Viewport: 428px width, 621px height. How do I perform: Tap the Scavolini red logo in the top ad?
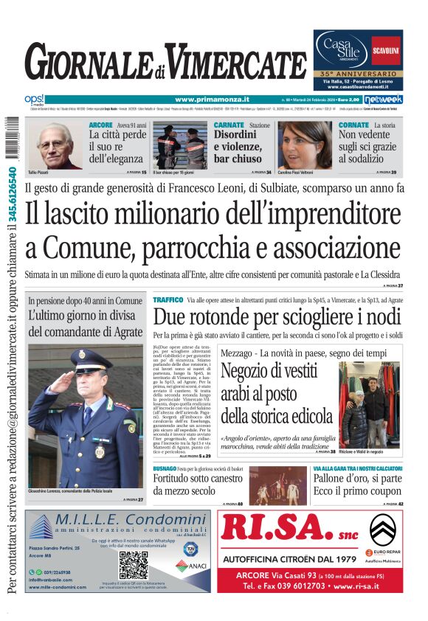coord(386,49)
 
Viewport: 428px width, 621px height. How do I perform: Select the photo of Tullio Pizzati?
coord(56,145)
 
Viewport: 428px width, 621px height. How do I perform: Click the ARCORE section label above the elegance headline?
coord(100,125)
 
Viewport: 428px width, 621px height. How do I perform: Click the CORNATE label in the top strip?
coord(353,125)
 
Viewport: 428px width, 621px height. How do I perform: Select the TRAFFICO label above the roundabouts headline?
coord(168,300)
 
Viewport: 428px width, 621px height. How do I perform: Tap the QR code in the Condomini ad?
coord(134,565)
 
